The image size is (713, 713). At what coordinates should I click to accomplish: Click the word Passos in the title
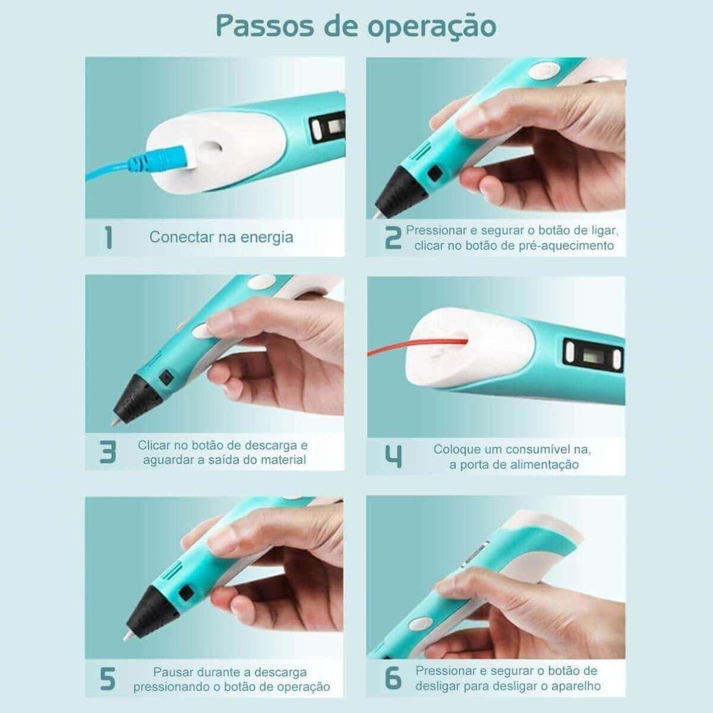click(x=265, y=26)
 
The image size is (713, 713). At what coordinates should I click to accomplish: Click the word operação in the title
click(x=432, y=27)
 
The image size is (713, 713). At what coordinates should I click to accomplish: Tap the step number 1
click(x=108, y=237)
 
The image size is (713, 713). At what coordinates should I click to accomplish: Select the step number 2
click(x=393, y=238)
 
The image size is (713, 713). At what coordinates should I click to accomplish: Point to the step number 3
click(x=108, y=451)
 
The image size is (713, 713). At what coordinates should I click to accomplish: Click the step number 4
click(x=393, y=457)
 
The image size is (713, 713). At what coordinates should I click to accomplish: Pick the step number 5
click(x=107, y=680)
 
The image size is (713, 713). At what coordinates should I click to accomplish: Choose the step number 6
click(x=393, y=678)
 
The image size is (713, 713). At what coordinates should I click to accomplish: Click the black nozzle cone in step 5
click(x=150, y=611)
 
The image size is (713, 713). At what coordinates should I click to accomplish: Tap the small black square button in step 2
click(x=434, y=173)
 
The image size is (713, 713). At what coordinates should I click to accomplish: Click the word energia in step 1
click(x=267, y=238)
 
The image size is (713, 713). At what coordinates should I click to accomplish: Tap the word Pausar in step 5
click(x=173, y=672)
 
